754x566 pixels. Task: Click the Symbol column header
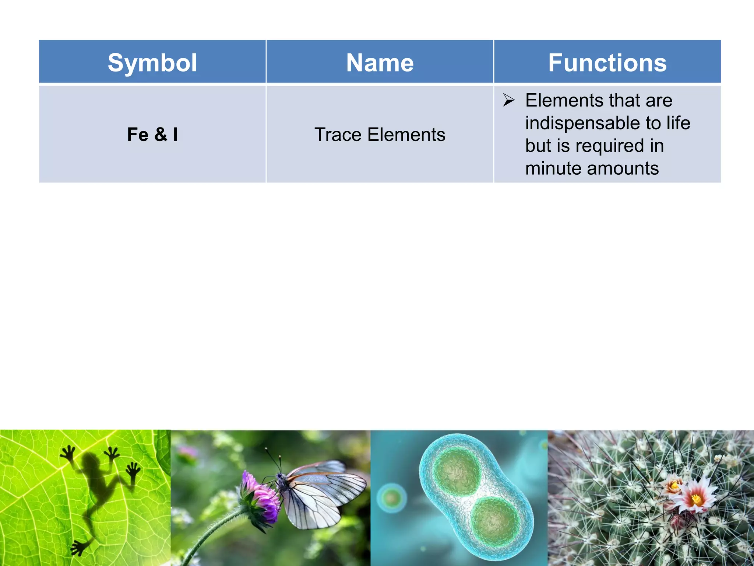[x=152, y=63]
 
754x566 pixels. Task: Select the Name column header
[x=380, y=63]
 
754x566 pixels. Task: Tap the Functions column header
[x=607, y=63]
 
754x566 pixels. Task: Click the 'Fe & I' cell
[x=152, y=134]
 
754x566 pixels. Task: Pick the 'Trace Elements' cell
[x=380, y=134]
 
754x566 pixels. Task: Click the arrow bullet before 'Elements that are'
[x=509, y=100]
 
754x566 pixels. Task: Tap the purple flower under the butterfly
[x=259, y=499]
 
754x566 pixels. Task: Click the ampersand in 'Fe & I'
[x=161, y=134]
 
